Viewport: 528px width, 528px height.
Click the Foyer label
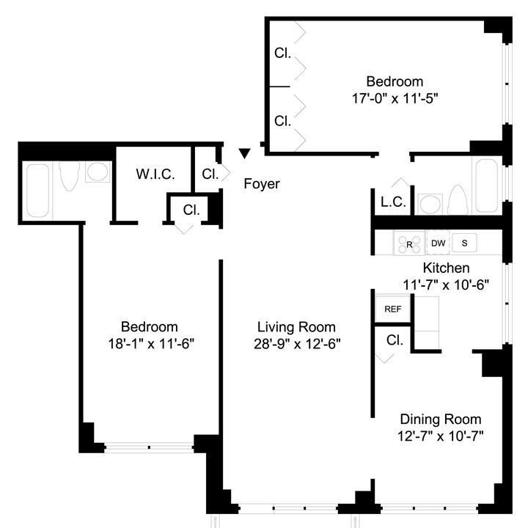point(262,184)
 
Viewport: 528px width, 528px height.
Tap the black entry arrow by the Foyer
point(245,153)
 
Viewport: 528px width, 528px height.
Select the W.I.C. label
point(155,175)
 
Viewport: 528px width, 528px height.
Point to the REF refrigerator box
point(393,309)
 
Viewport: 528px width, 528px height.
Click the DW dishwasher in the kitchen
point(438,243)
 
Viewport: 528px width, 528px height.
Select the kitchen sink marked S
point(464,243)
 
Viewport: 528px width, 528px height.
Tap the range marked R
point(409,243)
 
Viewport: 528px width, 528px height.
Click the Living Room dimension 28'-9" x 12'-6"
point(296,342)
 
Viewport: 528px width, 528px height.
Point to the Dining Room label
point(440,419)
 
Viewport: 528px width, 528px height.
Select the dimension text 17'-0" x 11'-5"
point(395,97)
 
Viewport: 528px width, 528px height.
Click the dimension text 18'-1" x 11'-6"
point(150,342)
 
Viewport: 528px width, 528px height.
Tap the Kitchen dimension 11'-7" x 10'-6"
point(446,284)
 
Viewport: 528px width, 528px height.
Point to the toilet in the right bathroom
point(458,199)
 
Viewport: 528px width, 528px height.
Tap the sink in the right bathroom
point(428,202)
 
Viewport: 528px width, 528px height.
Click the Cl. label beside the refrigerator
point(394,340)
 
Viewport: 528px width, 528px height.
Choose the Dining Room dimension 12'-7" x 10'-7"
point(440,436)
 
